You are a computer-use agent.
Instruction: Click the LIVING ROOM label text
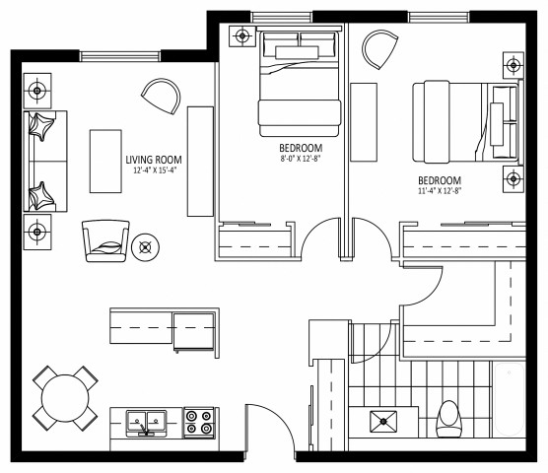pos(154,160)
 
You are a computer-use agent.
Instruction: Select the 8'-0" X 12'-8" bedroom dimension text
pos(302,157)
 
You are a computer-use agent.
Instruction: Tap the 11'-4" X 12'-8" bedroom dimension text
pos(440,191)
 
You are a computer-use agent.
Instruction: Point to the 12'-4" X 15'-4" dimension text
pos(154,170)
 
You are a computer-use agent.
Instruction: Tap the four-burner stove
pos(198,423)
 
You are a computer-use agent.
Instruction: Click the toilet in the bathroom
pos(450,418)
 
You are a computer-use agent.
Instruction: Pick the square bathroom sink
pos(382,423)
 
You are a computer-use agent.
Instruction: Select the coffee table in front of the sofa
pos(103,161)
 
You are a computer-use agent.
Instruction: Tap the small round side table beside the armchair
pos(146,246)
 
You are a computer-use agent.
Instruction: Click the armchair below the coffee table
pos(104,239)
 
